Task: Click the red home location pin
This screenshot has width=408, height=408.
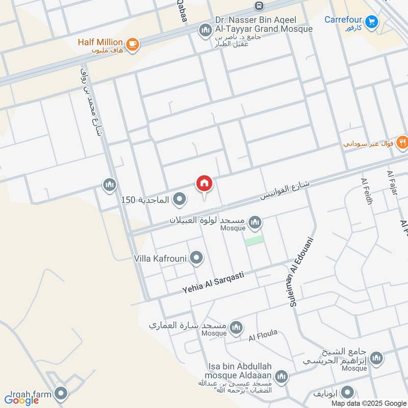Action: (204, 184)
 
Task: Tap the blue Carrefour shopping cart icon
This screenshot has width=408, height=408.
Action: (372, 21)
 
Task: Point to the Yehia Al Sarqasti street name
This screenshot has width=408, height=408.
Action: (213, 282)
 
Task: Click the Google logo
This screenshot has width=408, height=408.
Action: (22, 400)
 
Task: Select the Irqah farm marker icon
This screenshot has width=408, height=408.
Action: (61, 393)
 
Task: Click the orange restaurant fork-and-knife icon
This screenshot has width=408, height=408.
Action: (402, 142)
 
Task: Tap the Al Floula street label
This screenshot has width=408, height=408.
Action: (263, 336)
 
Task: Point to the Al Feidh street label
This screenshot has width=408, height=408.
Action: (367, 192)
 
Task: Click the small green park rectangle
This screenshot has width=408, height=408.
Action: (254, 240)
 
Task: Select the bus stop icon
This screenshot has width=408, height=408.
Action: (259, 6)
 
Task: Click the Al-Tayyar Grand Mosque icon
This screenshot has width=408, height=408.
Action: (205, 30)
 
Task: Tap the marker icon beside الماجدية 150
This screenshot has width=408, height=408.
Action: (179, 199)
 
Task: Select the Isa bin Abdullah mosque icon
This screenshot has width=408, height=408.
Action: (281, 377)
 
